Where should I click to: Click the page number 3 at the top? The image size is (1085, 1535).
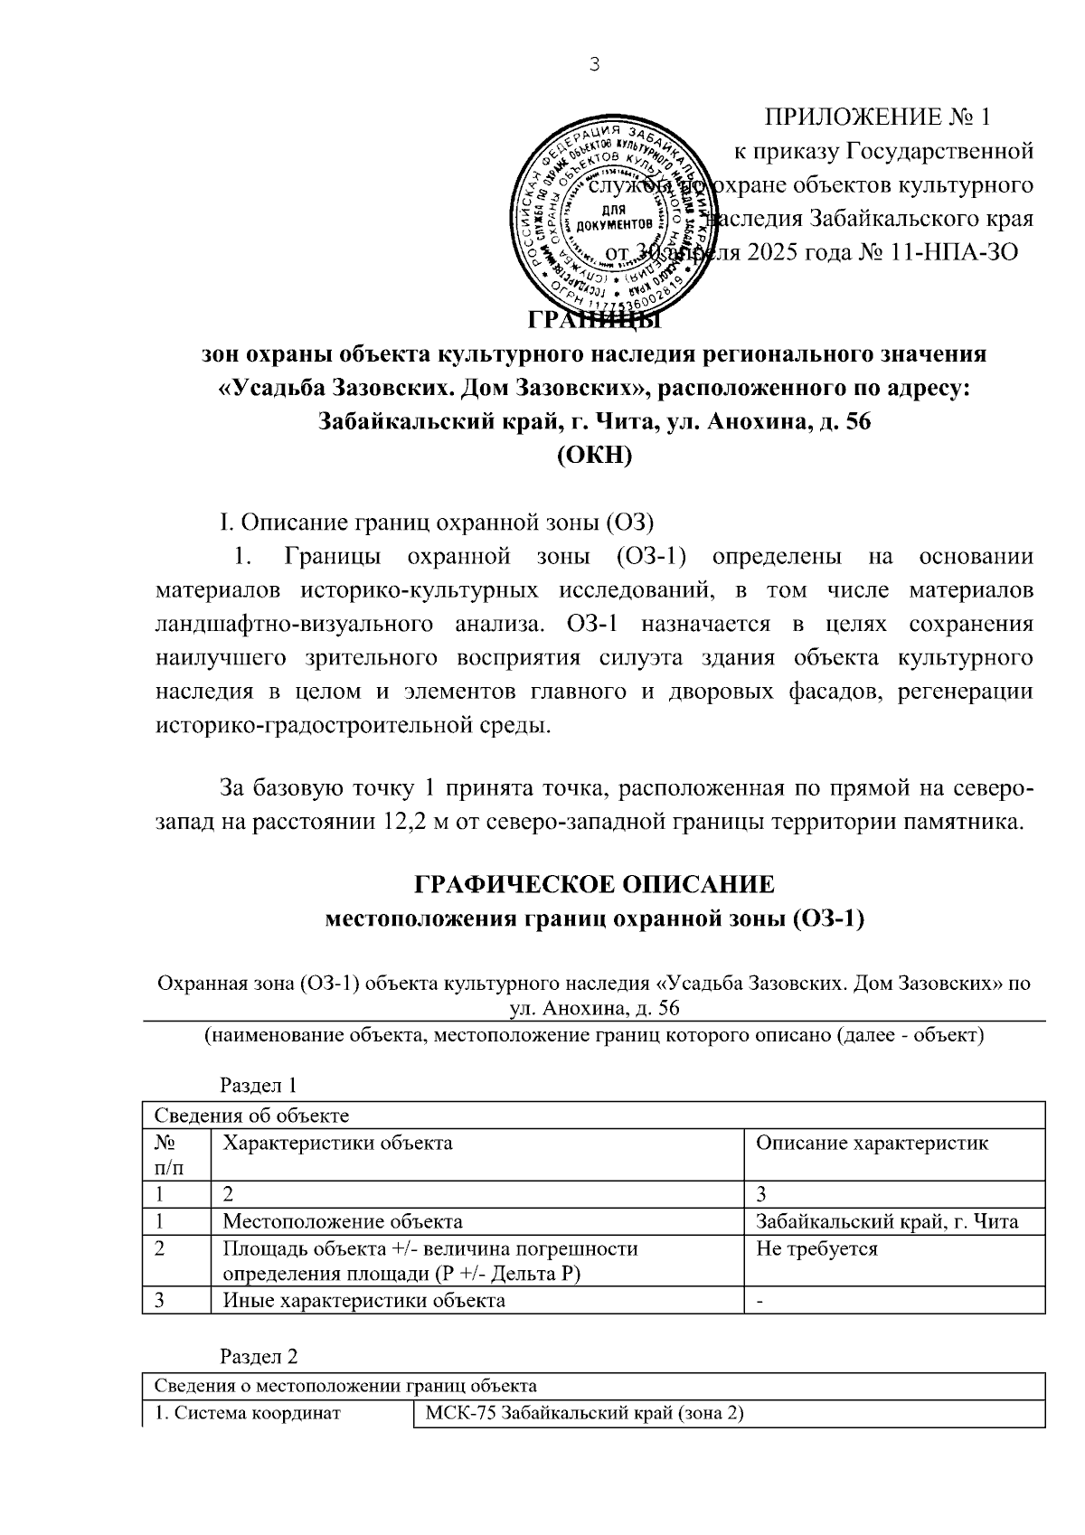tap(593, 64)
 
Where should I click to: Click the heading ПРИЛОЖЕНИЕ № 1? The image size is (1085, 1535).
tap(878, 118)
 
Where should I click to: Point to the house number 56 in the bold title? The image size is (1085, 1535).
tap(855, 421)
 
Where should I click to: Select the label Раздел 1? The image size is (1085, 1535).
tap(259, 1085)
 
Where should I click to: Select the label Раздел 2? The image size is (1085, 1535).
tap(259, 1357)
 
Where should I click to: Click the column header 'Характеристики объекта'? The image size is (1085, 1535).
tap(337, 1143)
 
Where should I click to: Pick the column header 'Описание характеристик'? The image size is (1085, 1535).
tap(872, 1143)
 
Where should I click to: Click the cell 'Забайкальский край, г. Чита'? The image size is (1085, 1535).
tap(887, 1222)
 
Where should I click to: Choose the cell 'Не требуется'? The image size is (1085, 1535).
tap(816, 1249)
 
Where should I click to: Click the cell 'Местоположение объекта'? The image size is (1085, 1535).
tap(343, 1222)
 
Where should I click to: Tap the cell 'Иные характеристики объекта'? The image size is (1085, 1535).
tap(363, 1301)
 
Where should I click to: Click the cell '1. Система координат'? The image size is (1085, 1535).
tap(248, 1413)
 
